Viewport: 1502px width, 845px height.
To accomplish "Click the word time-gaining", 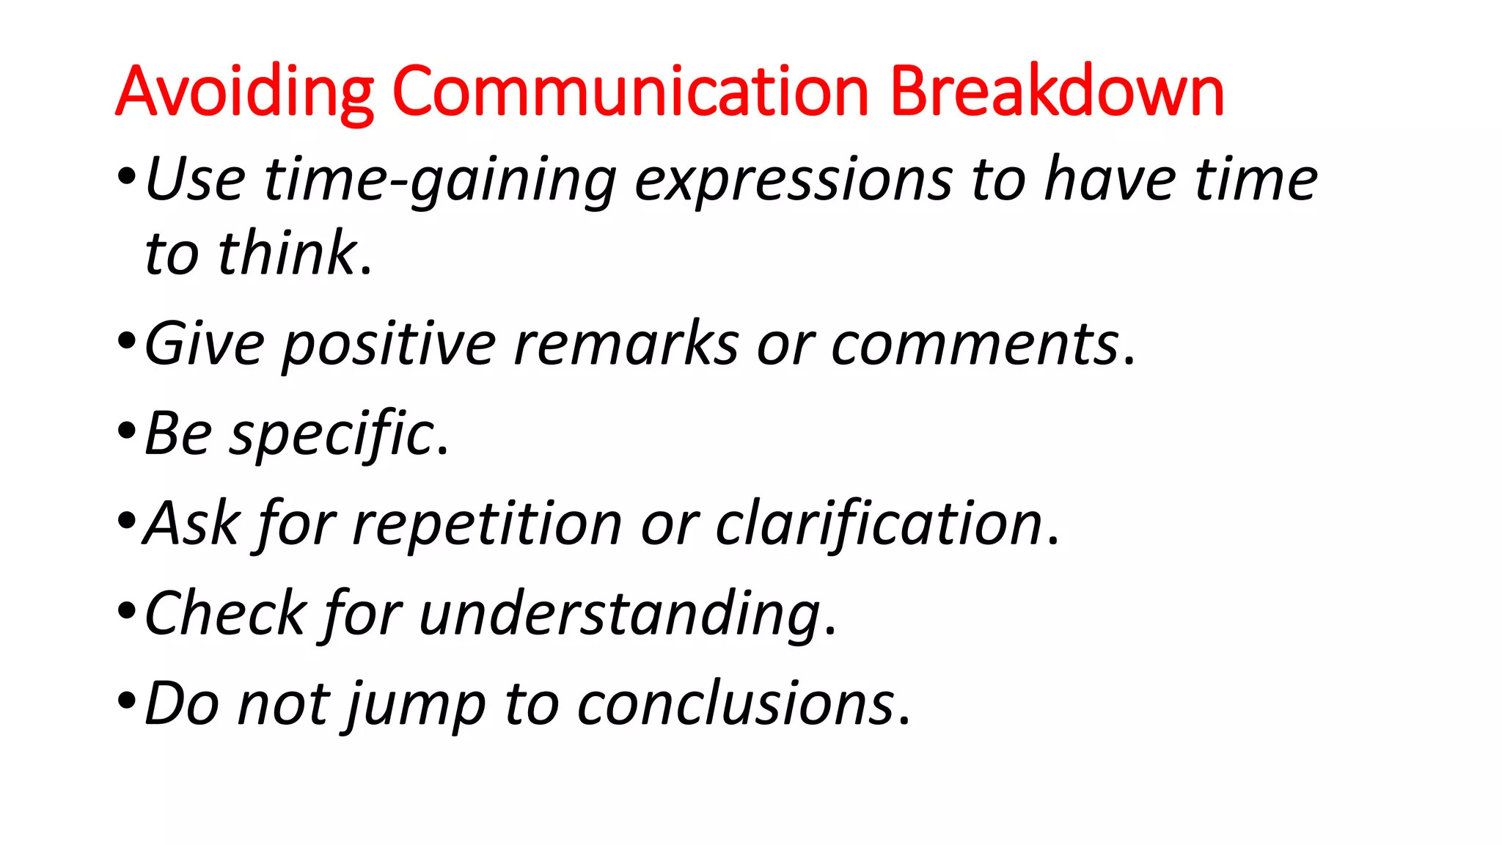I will point(440,180).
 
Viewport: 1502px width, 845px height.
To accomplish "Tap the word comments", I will point(975,345).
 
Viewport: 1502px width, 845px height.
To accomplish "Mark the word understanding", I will point(620,615).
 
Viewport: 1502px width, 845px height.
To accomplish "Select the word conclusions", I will point(736,704).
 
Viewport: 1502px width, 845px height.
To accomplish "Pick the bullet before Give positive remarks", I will point(126,342).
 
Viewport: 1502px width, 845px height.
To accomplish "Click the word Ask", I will point(191,524).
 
